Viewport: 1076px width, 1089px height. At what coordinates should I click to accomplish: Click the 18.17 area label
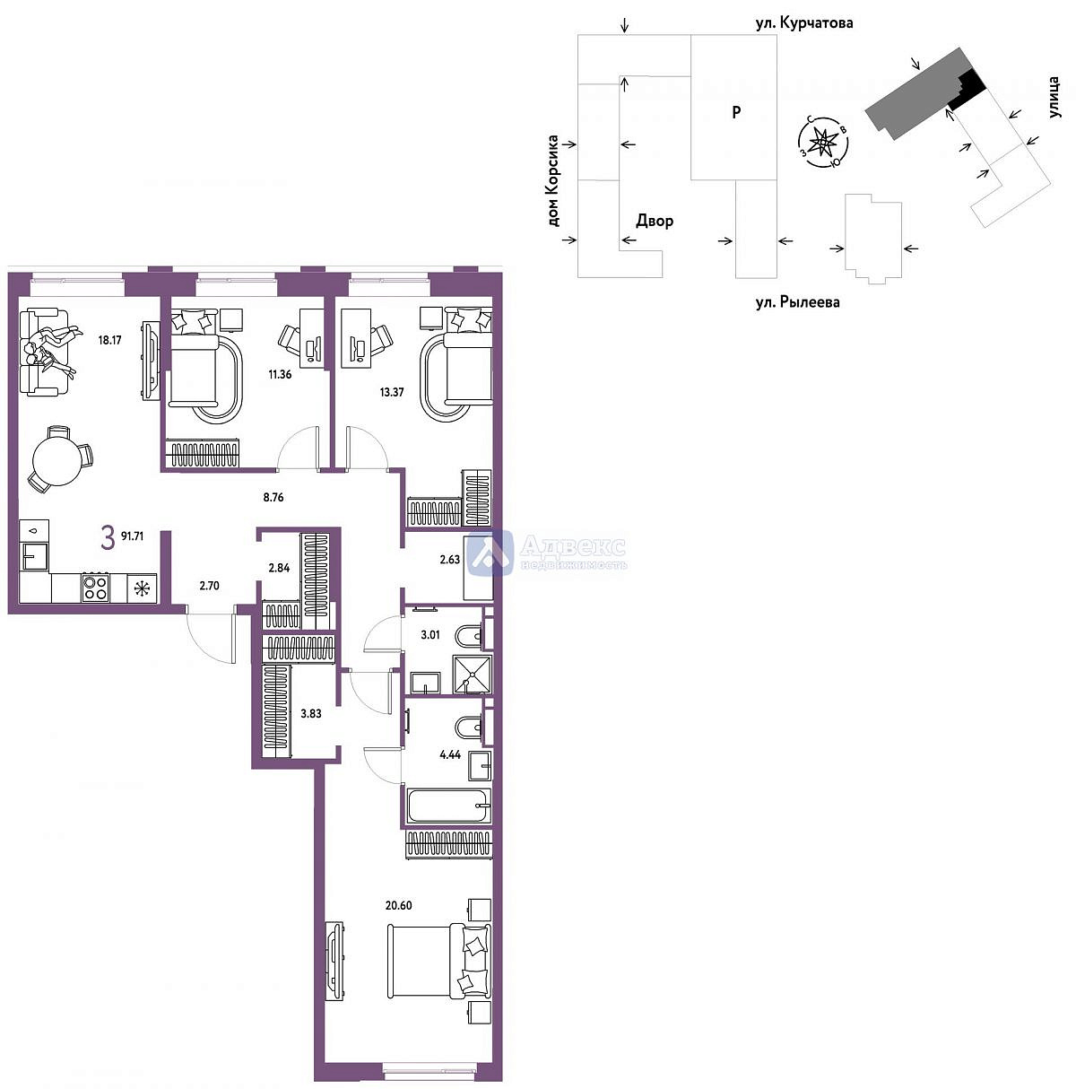(109, 340)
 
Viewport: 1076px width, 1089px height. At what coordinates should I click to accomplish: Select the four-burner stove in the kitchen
(95, 588)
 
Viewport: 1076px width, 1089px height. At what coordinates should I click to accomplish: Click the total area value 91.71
(132, 536)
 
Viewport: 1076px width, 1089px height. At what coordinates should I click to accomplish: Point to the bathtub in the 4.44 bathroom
(448, 806)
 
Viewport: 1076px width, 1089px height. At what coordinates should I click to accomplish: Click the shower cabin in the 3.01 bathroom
(473, 675)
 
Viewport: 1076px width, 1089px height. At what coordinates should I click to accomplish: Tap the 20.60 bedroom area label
(398, 905)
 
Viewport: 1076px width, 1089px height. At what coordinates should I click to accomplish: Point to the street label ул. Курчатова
(804, 23)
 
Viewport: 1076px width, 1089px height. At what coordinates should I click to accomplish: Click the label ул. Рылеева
(797, 302)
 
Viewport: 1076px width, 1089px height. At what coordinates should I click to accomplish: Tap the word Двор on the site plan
(655, 221)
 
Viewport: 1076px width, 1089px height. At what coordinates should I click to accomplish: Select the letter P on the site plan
(736, 112)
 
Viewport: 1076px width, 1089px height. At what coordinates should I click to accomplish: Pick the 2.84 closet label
(279, 568)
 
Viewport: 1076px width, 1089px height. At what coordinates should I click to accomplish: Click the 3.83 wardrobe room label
(311, 714)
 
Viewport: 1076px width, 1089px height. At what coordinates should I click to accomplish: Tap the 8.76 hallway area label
(273, 497)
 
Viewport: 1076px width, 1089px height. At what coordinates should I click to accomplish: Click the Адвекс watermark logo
(547, 553)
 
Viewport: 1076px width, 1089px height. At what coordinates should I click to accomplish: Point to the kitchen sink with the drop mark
(34, 531)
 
